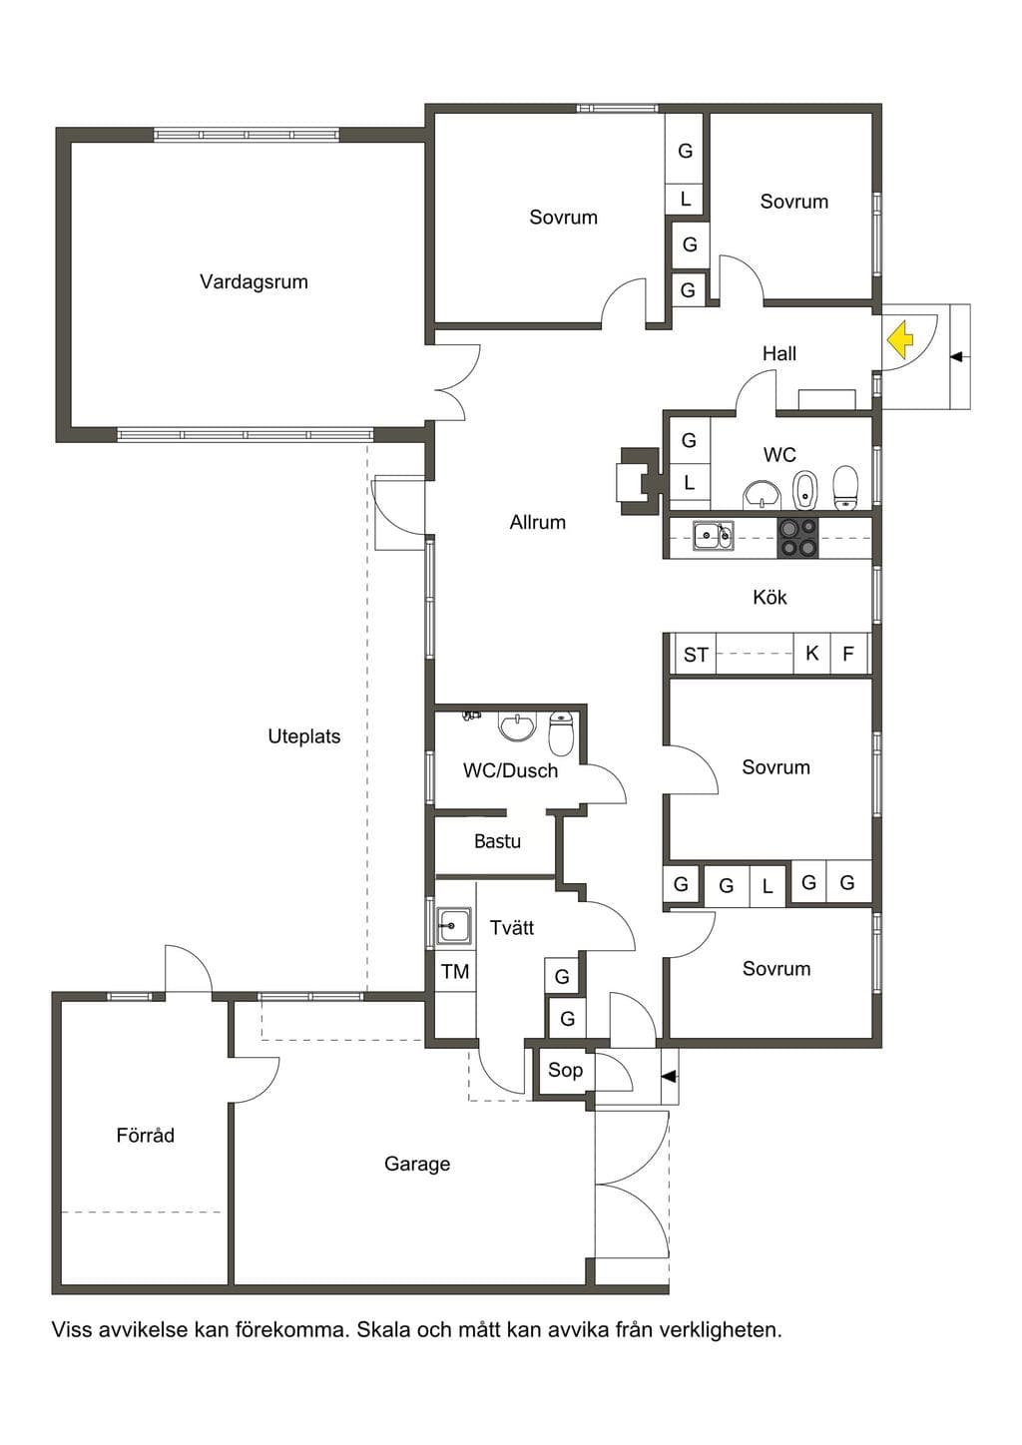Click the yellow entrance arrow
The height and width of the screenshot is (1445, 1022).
(899, 340)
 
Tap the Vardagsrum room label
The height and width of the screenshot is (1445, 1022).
(254, 281)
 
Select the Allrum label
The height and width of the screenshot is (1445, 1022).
(538, 522)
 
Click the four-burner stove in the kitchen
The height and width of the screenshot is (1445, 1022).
(798, 537)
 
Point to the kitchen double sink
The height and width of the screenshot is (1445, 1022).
(713, 536)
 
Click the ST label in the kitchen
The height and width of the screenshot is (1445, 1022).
(696, 656)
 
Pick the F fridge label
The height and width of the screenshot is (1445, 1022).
(847, 654)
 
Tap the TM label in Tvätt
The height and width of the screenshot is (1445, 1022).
(455, 972)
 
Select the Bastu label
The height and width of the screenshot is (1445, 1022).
(497, 841)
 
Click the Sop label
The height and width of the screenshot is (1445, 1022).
(565, 1070)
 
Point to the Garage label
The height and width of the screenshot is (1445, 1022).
(417, 1164)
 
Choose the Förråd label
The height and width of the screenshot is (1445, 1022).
(145, 1135)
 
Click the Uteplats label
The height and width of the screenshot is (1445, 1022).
(303, 736)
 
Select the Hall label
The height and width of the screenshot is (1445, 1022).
(778, 353)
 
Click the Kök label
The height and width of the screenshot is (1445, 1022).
(769, 597)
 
